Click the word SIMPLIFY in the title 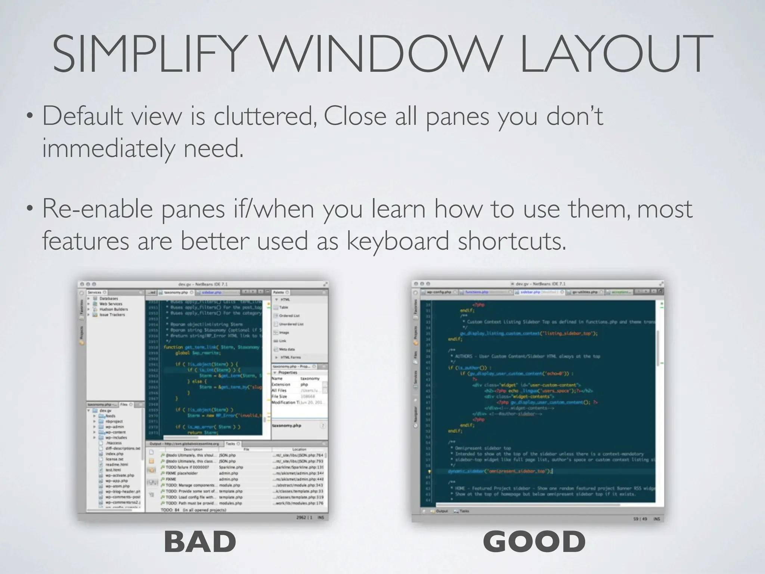tap(148, 54)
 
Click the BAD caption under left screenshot tap(200, 541)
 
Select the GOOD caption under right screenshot tap(534, 541)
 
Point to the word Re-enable tap(97, 209)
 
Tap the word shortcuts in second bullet tap(512, 241)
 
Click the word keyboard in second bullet tap(397, 241)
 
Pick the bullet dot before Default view tap(29, 117)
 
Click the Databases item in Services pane tap(108, 299)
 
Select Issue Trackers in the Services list tap(112, 315)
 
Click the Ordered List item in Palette tap(289, 316)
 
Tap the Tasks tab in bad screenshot tap(230, 444)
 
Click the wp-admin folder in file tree tap(114, 427)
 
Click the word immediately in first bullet tap(108, 149)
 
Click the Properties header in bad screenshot tap(288, 373)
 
